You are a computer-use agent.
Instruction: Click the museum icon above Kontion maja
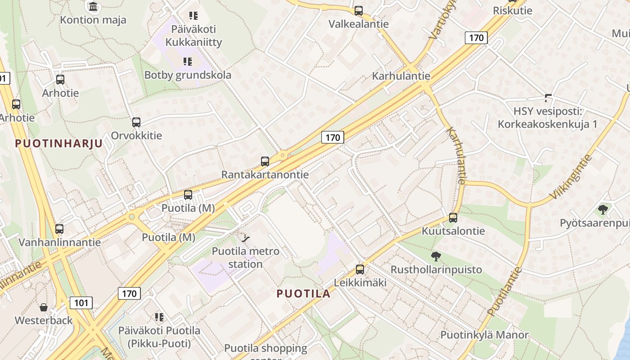pyautogui.click(x=93, y=6)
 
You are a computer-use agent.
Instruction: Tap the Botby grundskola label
pyautogui.click(x=188, y=75)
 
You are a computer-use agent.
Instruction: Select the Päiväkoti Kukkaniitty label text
pyautogui.click(x=193, y=36)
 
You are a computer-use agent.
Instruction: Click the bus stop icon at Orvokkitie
pyautogui.click(x=136, y=122)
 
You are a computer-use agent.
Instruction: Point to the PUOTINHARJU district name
pyautogui.click(x=58, y=144)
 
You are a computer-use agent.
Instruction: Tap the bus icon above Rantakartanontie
pyautogui.click(x=265, y=161)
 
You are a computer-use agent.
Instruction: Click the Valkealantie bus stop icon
pyautogui.click(x=358, y=11)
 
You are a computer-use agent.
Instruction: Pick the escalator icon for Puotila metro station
pyautogui.click(x=246, y=238)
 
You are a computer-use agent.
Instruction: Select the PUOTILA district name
pyautogui.click(x=303, y=294)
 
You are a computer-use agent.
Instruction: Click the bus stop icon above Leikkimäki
pyautogui.click(x=360, y=270)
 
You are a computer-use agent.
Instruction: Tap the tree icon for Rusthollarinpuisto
pyautogui.click(x=436, y=256)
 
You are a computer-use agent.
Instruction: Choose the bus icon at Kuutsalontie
pyautogui.click(x=453, y=218)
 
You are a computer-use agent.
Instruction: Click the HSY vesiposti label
pyautogui.click(x=547, y=117)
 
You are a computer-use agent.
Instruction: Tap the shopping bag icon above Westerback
pyautogui.click(x=44, y=307)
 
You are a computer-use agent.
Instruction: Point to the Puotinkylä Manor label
pyautogui.click(x=484, y=335)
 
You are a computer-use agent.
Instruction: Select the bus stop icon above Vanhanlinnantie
pyautogui.click(x=59, y=229)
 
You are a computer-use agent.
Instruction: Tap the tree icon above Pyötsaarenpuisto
pyautogui.click(x=603, y=209)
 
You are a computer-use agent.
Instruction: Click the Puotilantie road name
pyautogui.click(x=504, y=291)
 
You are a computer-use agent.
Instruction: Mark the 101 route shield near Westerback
pyautogui.click(x=81, y=303)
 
